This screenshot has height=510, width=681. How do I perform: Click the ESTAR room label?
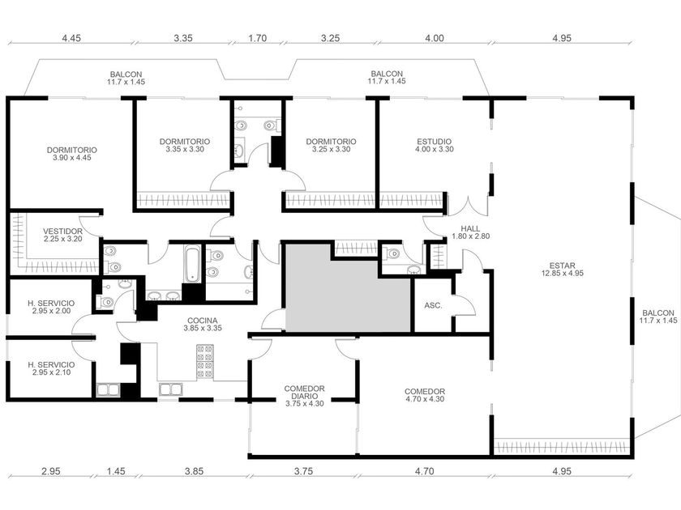pos(562,270)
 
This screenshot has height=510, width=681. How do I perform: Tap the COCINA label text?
pos(203,325)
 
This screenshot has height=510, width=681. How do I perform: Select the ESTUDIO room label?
pos(434,145)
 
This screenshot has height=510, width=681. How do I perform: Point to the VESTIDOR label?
pos(62,235)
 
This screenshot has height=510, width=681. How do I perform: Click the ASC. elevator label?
pos(433,305)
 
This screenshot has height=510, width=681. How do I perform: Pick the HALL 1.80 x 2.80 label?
pos(471,232)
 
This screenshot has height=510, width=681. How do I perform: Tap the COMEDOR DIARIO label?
pos(305,396)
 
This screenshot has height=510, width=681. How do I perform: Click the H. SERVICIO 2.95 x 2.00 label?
pos(51,307)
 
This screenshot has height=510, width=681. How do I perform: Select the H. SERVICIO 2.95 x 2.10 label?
pos(51,368)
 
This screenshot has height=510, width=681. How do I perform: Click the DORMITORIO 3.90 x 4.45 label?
pos(72,154)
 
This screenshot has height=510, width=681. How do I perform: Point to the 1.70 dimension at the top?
pos(258,38)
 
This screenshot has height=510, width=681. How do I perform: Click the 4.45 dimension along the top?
pos(71,38)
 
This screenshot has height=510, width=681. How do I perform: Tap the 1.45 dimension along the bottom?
pos(116,471)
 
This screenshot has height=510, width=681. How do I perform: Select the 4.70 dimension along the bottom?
pos(424,471)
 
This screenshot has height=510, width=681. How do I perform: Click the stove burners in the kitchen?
pos(205,362)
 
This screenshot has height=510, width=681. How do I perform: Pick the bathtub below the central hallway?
pos(192,264)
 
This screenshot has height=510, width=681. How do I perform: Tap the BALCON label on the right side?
pos(658,317)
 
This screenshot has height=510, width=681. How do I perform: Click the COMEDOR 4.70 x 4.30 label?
pos(425,395)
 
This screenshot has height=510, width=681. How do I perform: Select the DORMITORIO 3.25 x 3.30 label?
pos(331,145)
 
